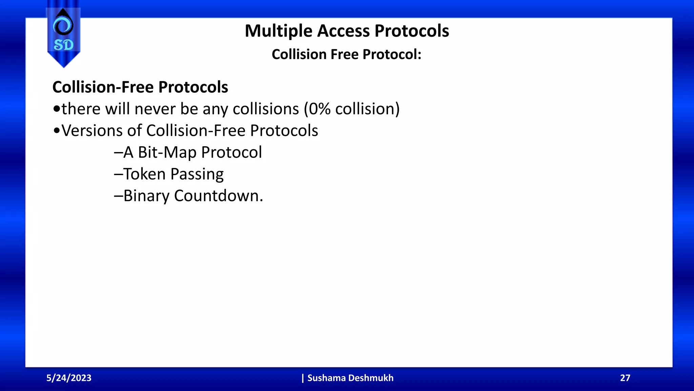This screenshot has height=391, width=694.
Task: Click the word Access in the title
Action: (343, 31)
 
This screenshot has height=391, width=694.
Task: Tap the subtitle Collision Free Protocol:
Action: (346, 54)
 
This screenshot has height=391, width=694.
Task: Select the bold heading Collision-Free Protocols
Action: (140, 87)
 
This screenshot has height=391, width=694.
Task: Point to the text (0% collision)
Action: (351, 109)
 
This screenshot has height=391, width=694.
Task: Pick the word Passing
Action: (197, 174)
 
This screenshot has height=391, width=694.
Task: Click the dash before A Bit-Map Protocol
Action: (118, 153)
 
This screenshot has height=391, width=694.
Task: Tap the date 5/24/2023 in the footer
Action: (69, 378)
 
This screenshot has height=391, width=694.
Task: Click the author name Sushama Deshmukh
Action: (350, 378)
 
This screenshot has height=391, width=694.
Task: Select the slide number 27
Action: (625, 378)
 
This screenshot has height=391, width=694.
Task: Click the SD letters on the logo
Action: (63, 45)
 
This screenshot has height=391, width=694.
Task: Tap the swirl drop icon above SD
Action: (63, 24)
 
